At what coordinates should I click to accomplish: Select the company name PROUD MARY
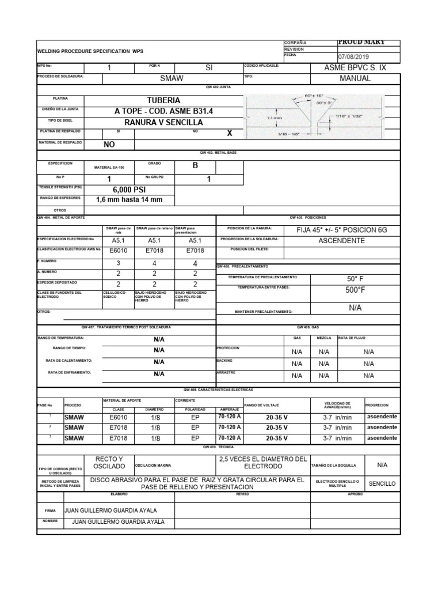pyautogui.click(x=361, y=42)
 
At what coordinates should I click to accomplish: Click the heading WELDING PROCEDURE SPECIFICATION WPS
pyautogui.click(x=90, y=51)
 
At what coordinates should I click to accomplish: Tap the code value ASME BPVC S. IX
pyautogui.click(x=355, y=67)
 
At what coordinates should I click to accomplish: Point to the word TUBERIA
pyautogui.click(x=163, y=100)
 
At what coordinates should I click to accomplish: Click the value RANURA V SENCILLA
pyautogui.click(x=163, y=122)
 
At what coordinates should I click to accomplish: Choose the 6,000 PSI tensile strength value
pyautogui.click(x=129, y=189)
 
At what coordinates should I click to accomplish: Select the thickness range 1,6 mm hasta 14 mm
pyautogui.click(x=129, y=200)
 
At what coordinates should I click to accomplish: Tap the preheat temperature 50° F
pyautogui.click(x=355, y=279)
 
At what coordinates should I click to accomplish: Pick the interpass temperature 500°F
pyautogui.click(x=355, y=290)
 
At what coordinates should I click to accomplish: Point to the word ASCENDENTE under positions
pyautogui.click(x=341, y=240)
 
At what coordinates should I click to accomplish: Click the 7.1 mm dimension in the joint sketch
pyautogui.click(x=274, y=117)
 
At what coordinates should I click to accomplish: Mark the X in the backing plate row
pyautogui.click(x=229, y=133)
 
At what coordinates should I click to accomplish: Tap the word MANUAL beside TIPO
pyautogui.click(x=355, y=78)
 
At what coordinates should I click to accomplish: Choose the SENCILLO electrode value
pyautogui.click(x=382, y=483)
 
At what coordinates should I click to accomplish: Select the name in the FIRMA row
pyautogui.click(x=110, y=510)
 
